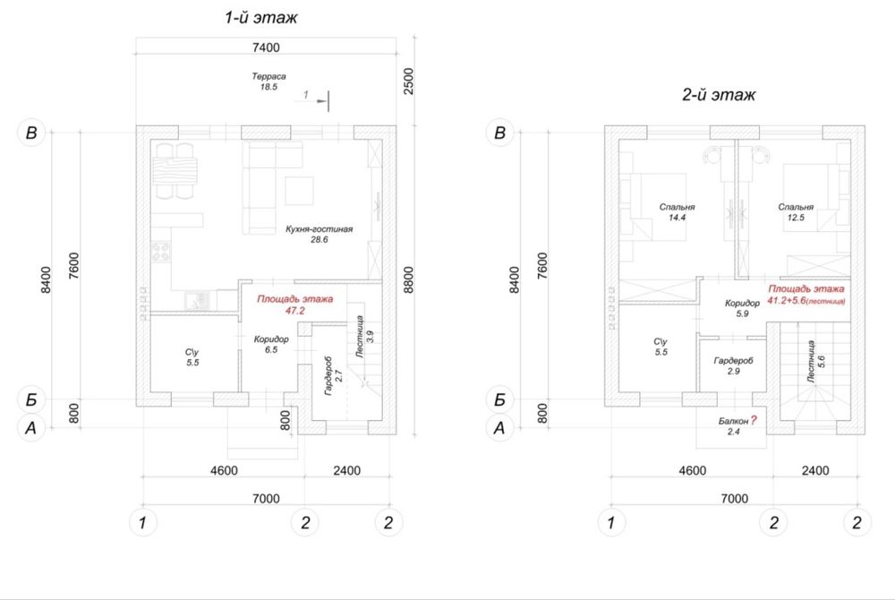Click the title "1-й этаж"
[260, 18]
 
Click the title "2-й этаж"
[719, 94]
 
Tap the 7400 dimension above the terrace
[266, 47]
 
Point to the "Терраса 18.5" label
[268, 81]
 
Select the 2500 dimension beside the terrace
[408, 81]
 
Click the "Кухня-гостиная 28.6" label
[320, 234]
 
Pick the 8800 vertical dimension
[408, 279]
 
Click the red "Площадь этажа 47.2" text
[294, 304]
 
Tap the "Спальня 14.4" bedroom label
[677, 212]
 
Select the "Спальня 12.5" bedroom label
[796, 212]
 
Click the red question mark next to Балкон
[754, 421]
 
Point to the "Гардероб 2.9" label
[734, 366]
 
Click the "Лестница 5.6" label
[815, 361]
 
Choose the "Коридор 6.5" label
[271, 344]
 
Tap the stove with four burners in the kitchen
[161, 251]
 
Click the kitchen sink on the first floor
[198, 300]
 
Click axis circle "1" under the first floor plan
[142, 522]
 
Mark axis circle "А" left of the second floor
[499, 427]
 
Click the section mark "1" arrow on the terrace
[315, 99]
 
